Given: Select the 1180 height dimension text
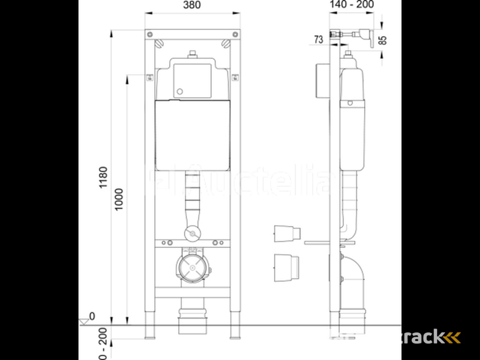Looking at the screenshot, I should pyautogui.click(x=104, y=178).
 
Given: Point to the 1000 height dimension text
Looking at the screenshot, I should pyautogui.click(x=119, y=199).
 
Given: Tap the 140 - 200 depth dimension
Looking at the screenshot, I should pyautogui.click(x=351, y=5).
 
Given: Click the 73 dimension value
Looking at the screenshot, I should pyautogui.click(x=318, y=40).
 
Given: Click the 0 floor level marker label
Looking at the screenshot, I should pyautogui.click(x=92, y=316).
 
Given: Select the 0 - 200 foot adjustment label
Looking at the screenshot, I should pyautogui.click(x=104, y=345).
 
